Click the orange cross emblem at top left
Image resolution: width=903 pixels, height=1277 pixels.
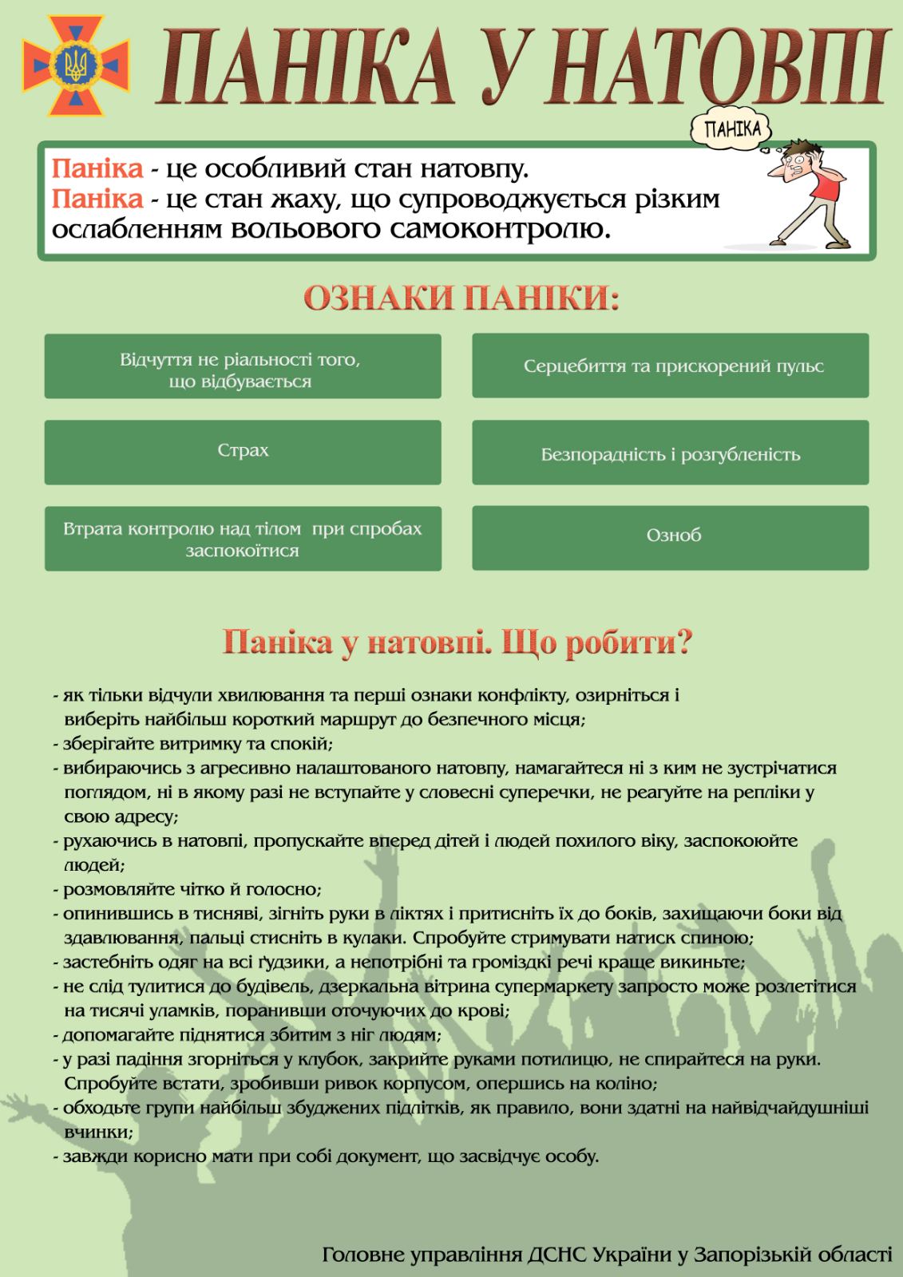coord(76,64)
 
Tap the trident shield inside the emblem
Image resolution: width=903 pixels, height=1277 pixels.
coord(76,64)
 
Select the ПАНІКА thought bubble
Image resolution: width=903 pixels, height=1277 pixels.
coord(733,129)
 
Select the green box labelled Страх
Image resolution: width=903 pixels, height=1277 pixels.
coord(243,452)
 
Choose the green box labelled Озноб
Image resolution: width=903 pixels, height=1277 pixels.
coord(670,536)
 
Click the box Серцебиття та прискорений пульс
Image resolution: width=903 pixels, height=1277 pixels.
coord(670,366)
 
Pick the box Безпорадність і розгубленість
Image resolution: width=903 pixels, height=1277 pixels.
coord(670,455)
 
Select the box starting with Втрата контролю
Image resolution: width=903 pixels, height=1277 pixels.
coord(243,539)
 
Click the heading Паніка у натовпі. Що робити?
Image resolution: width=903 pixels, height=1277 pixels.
coord(457,642)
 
